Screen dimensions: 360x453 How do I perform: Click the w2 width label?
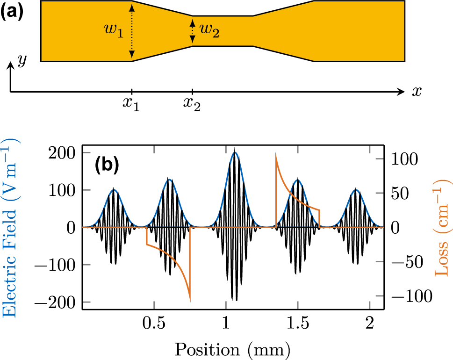click(209, 32)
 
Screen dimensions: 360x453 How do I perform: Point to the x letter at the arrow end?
click(416, 92)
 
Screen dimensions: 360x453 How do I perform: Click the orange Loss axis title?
click(442, 227)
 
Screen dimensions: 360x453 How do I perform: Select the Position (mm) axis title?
click(233, 349)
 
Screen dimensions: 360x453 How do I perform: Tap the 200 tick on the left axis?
click(65, 152)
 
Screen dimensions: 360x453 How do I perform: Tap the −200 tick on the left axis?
click(60, 302)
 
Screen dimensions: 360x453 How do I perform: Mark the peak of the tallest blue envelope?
click(236, 152)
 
